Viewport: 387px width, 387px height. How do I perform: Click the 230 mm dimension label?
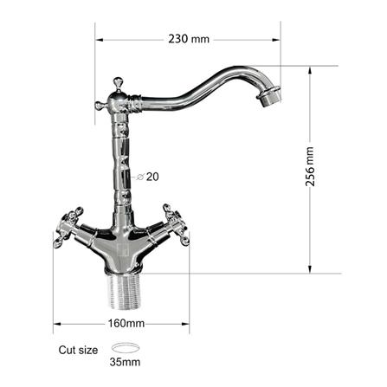click(x=189, y=39)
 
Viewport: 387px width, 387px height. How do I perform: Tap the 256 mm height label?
click(x=310, y=166)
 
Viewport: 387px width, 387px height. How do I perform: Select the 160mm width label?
click(x=126, y=323)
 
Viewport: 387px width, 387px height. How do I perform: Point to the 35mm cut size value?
click(x=125, y=362)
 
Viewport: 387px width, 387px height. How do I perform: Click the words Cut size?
click(x=78, y=350)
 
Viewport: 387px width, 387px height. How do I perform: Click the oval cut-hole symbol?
click(x=126, y=348)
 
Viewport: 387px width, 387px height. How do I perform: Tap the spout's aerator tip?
click(x=269, y=96)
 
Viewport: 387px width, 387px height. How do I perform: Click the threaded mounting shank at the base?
click(x=125, y=291)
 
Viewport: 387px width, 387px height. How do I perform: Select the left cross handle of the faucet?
click(x=68, y=227)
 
